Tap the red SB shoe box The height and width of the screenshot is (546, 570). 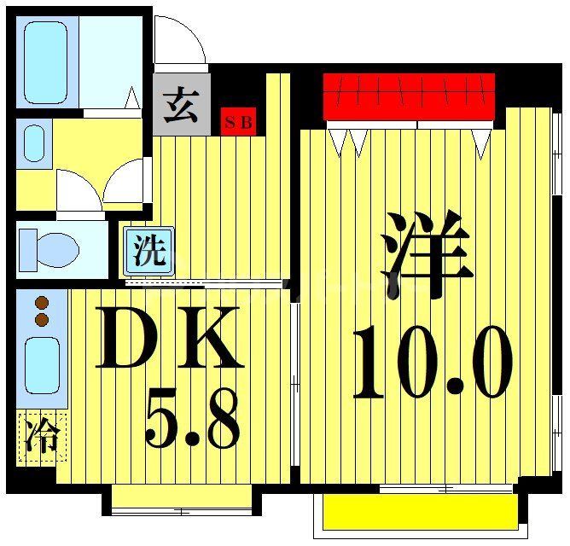point(238,122)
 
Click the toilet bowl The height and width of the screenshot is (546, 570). point(49,250)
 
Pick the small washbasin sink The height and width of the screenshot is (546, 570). point(35,143)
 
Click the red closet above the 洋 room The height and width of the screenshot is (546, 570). point(409,96)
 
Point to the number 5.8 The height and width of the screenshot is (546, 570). point(192,420)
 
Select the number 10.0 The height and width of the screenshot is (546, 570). point(433,365)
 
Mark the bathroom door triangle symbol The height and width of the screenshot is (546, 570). point(133,98)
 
